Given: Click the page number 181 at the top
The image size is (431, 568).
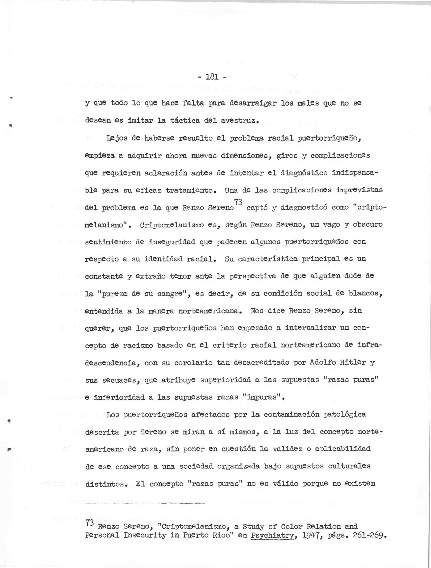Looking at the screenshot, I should [213, 77].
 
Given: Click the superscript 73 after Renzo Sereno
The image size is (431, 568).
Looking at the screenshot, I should [238, 202].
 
